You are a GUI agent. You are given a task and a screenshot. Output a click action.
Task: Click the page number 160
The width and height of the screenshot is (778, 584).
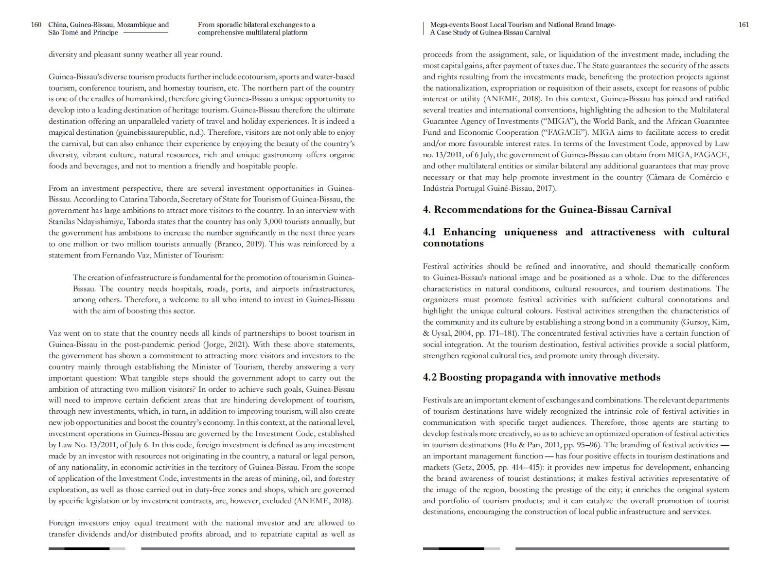36,25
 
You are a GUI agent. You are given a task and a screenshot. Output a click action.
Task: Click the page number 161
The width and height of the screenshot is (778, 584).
743,25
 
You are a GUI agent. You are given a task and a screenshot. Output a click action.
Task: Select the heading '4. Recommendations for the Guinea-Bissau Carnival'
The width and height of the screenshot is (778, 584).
547,210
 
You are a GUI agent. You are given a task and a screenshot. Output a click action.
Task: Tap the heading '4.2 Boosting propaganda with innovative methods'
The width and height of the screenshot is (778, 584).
541,378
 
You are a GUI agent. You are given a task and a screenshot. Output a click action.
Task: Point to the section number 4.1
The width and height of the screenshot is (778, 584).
430,232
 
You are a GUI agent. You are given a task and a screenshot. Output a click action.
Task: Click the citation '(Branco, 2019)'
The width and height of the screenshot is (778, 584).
240,244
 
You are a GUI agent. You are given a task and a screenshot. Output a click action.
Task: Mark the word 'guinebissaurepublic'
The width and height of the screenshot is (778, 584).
155,132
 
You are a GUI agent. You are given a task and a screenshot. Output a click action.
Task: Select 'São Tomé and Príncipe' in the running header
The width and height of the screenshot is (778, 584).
83,33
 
